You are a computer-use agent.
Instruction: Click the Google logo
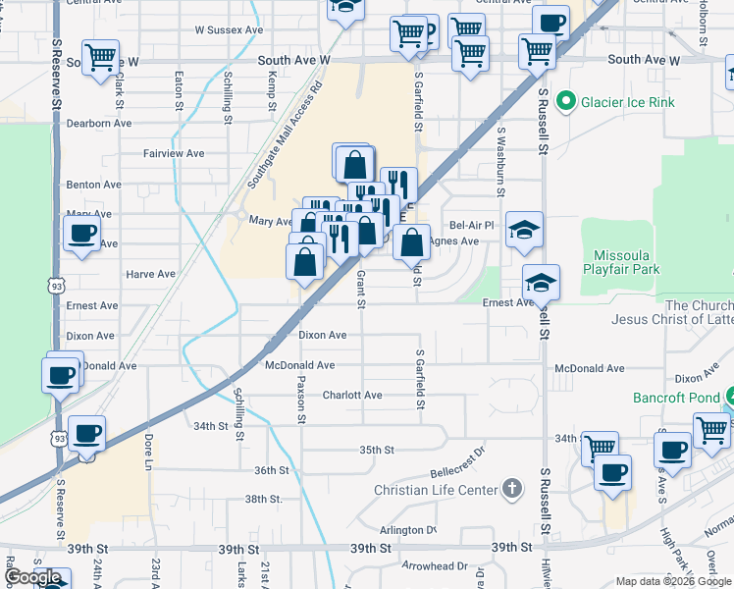click(32, 577)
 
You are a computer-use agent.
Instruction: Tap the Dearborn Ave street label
click(99, 123)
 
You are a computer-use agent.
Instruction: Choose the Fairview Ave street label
click(174, 153)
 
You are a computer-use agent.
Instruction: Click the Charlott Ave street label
click(352, 395)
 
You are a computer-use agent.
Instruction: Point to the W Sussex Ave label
click(229, 30)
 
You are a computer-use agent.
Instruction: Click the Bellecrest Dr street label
click(458, 457)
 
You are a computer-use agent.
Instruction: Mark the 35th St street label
click(376, 450)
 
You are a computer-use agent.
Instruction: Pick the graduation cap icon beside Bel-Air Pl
click(525, 230)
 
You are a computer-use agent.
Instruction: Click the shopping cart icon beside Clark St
click(100, 59)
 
